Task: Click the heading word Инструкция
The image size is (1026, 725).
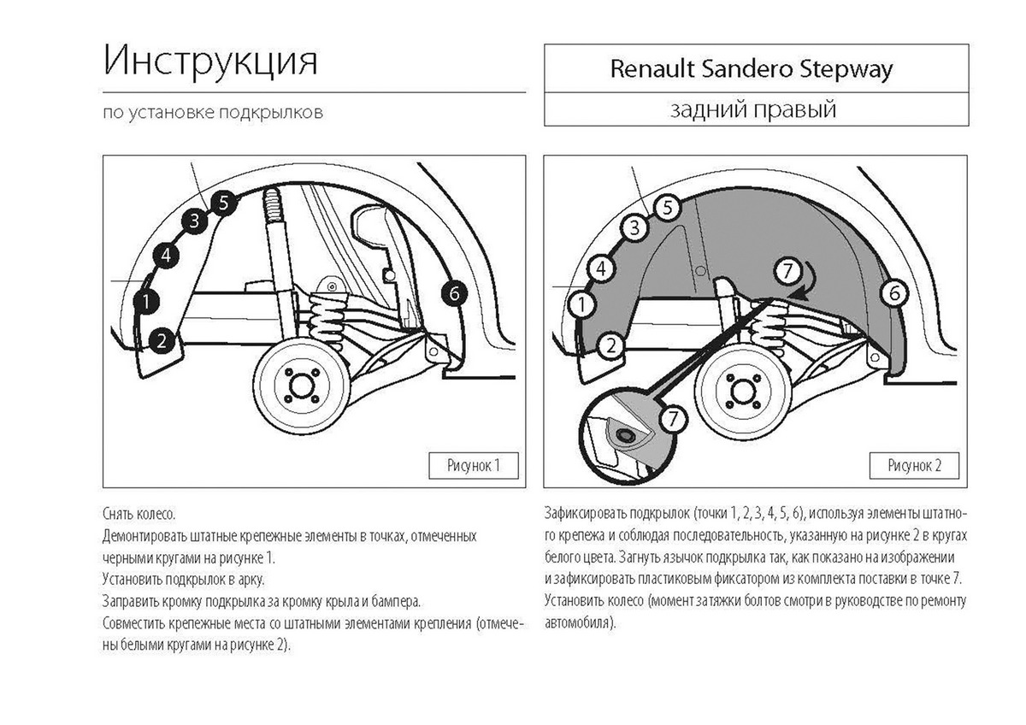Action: point(209,62)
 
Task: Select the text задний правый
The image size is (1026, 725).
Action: point(756,110)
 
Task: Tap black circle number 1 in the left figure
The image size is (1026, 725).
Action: point(147,301)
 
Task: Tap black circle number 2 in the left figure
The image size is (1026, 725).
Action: point(160,340)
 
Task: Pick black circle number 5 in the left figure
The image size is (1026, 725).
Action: point(221,203)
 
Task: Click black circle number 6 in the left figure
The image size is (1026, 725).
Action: point(454,293)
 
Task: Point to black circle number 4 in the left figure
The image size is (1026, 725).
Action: point(165,254)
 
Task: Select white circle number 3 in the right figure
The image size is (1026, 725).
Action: point(634,227)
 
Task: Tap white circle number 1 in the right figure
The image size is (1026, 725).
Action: point(585,304)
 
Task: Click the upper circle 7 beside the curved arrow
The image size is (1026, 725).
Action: point(787,273)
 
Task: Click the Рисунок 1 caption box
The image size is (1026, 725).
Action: point(473,466)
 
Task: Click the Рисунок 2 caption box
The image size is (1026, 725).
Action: point(913,466)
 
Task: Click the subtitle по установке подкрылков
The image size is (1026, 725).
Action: point(213,113)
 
